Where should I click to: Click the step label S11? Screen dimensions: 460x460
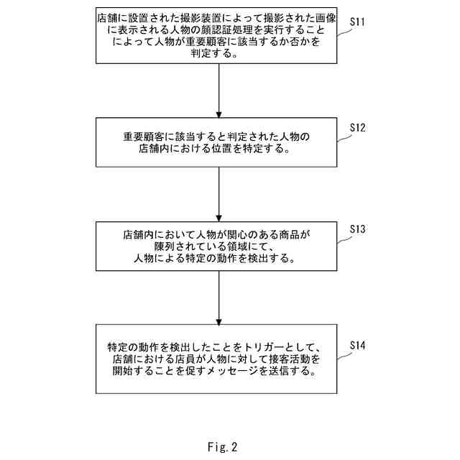click(358, 22)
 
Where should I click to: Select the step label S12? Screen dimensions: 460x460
click(358, 127)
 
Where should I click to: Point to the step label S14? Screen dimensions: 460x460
click(358, 345)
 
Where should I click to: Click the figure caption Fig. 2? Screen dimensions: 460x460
click(222, 446)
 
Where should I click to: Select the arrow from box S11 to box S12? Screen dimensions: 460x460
click(218, 91)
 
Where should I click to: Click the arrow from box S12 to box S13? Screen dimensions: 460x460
click(218, 193)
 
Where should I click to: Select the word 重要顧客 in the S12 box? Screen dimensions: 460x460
click(145, 137)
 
